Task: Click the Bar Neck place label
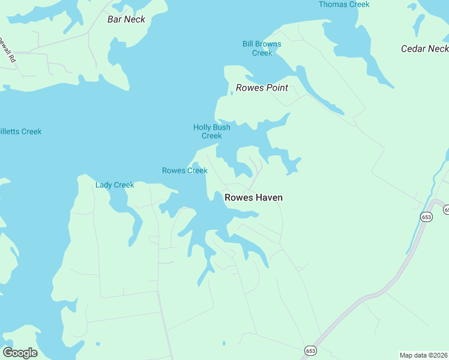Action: tap(126, 19)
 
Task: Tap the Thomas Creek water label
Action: tap(344, 5)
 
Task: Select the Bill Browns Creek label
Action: tap(262, 49)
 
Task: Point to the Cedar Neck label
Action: tap(424, 49)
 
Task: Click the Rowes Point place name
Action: tap(262, 88)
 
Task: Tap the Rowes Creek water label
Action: tap(185, 170)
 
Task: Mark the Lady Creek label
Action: tap(115, 185)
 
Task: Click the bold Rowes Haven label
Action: tap(253, 197)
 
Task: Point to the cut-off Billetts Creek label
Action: tap(20, 131)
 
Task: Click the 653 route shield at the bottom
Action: tap(310, 350)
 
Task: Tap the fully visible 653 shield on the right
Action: tap(426, 217)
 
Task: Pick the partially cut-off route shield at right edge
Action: tap(446, 209)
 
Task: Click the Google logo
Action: tap(20, 353)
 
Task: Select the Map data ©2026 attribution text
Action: tap(423, 355)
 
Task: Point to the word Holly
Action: tap(202, 127)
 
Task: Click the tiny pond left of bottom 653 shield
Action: tap(224, 344)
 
